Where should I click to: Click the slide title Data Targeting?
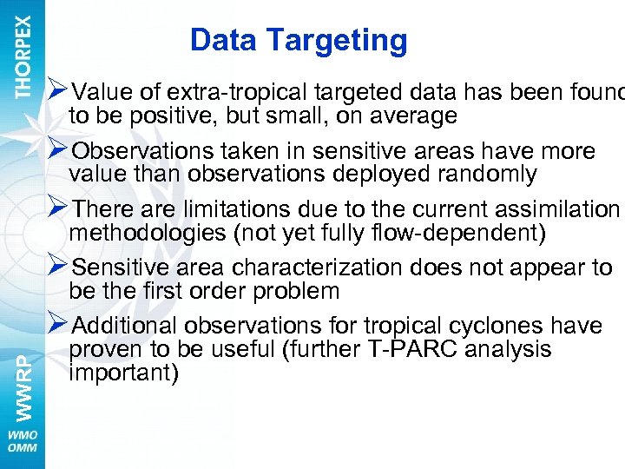[299, 40]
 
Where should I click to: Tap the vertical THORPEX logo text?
[23, 56]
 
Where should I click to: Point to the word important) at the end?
[123, 373]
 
